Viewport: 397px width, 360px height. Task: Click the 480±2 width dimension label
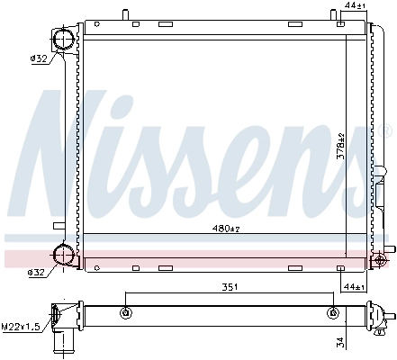(x=226, y=229)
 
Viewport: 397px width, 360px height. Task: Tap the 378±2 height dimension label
(x=340, y=147)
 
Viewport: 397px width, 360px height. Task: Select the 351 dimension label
(x=230, y=287)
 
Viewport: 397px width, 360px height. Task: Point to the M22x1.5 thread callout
(x=21, y=327)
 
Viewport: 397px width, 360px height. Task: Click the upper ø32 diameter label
(x=39, y=58)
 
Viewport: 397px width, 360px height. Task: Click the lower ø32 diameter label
(x=36, y=273)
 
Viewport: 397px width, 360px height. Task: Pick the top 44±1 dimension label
(x=355, y=5)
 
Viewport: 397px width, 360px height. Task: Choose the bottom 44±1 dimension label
(x=355, y=287)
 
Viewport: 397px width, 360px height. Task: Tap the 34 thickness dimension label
(x=340, y=341)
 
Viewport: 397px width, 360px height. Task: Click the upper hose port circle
(x=64, y=40)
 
